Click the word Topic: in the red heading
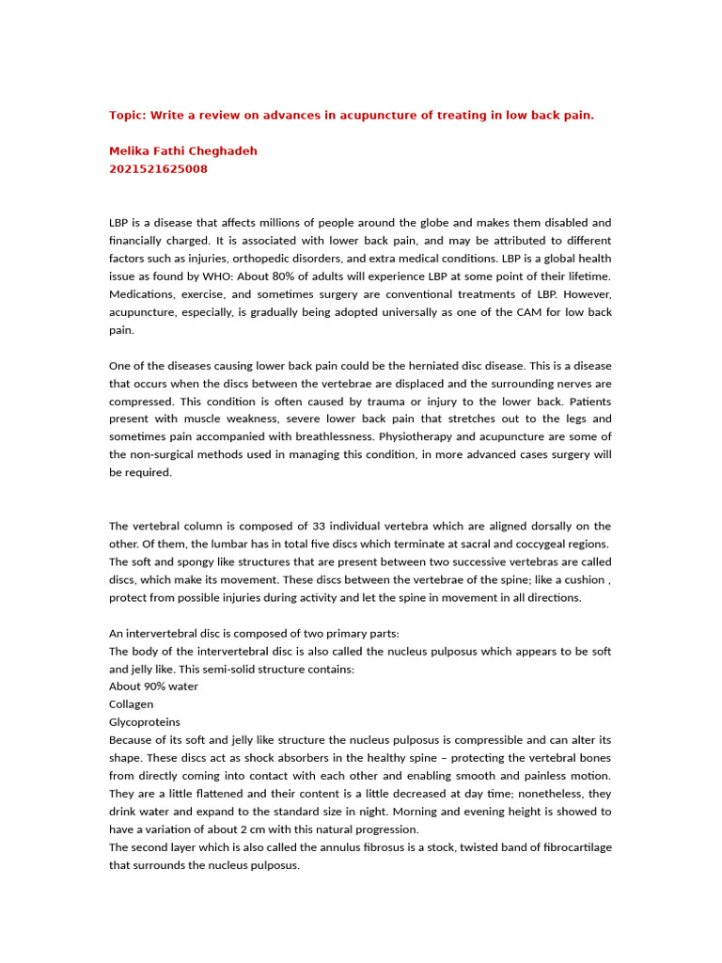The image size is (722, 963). pos(128,115)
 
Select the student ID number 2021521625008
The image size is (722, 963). pos(158,169)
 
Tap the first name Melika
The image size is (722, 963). pos(130,151)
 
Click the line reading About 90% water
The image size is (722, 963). pos(153,687)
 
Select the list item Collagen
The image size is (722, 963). pos(131,704)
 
